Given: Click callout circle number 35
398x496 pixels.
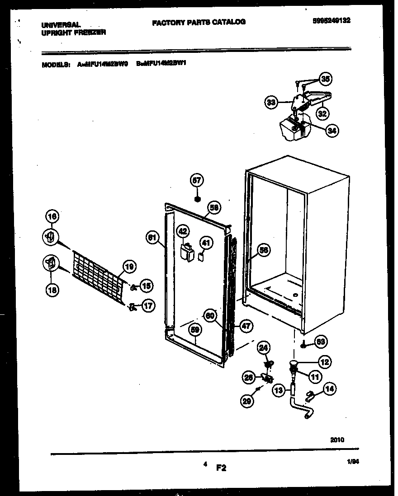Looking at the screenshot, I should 326,79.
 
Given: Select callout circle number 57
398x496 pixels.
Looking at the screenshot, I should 197,180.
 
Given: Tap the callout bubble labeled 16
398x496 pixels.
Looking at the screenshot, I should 52,217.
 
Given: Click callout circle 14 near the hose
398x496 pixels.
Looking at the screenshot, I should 331,388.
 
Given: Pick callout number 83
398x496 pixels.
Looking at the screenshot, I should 321,342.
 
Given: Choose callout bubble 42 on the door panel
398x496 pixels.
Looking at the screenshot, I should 183,231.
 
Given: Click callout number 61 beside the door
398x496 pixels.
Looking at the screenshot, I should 152,236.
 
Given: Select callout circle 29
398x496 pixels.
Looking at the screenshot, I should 246,401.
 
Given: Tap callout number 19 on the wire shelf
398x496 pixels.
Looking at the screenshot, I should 129,267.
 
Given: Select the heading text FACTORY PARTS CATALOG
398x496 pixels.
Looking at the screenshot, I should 199,22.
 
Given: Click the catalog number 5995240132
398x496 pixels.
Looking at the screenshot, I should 331,20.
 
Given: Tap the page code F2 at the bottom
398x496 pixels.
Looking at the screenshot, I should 221,468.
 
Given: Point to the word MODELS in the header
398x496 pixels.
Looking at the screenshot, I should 56,65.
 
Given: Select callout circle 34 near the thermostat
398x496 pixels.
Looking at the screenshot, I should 332,131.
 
